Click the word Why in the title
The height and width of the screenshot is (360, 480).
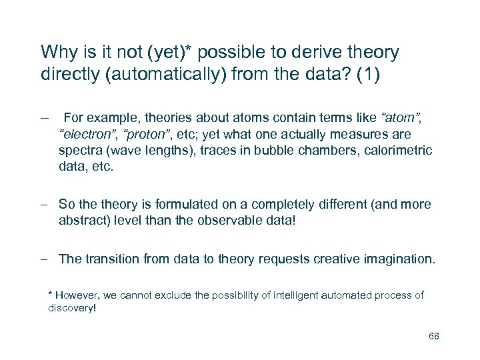click(x=57, y=52)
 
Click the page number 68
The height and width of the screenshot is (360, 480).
click(x=434, y=336)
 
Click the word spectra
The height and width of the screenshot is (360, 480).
click(x=79, y=151)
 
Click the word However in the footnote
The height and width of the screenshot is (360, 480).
click(x=77, y=295)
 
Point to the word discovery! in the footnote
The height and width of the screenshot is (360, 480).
click(x=72, y=309)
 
